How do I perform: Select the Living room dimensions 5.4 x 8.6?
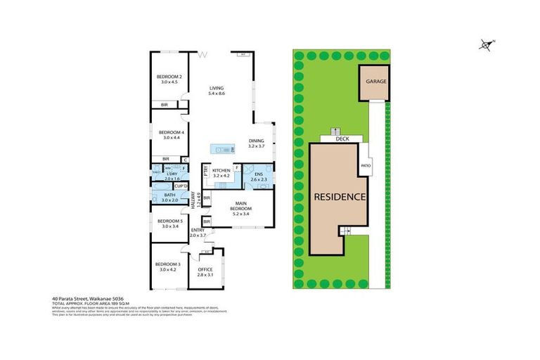[217, 94]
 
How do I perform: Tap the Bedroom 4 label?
[169, 132]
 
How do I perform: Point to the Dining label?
[257, 141]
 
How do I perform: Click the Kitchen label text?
[221, 171]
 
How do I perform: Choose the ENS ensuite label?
[258, 174]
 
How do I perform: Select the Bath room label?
[169, 195]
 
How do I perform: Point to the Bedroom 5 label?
[169, 221]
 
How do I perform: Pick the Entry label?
[198, 230]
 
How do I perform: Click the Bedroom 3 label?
[169, 264]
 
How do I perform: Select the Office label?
[205, 269]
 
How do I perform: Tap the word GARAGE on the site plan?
[375, 81]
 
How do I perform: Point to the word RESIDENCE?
[340, 196]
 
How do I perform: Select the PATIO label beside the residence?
[366, 166]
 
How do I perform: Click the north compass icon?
[485, 45]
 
